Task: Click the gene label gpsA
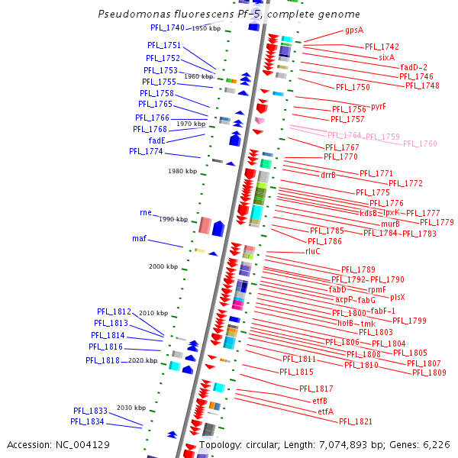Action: click(354, 31)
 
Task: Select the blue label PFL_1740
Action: click(167, 27)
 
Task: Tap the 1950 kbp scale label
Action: click(206, 28)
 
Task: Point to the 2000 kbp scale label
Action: click(163, 266)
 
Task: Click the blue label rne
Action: click(146, 212)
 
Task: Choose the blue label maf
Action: click(139, 239)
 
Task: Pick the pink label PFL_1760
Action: click(420, 144)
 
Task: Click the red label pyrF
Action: click(379, 107)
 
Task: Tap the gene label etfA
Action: click(326, 411)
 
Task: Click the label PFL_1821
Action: click(356, 421)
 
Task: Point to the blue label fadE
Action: click(157, 140)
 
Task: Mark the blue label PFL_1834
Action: click(89, 421)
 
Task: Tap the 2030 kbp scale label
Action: click(131, 408)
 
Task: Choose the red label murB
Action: click(390, 224)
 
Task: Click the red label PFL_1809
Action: click(429, 373)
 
